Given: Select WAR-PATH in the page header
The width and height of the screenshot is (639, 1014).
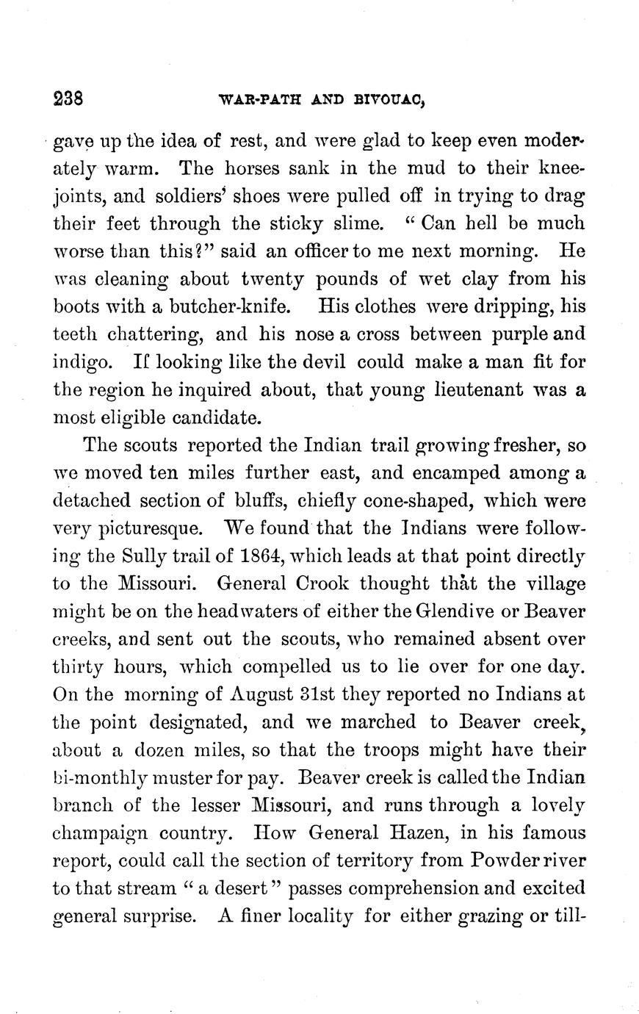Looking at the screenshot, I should point(255,101).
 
